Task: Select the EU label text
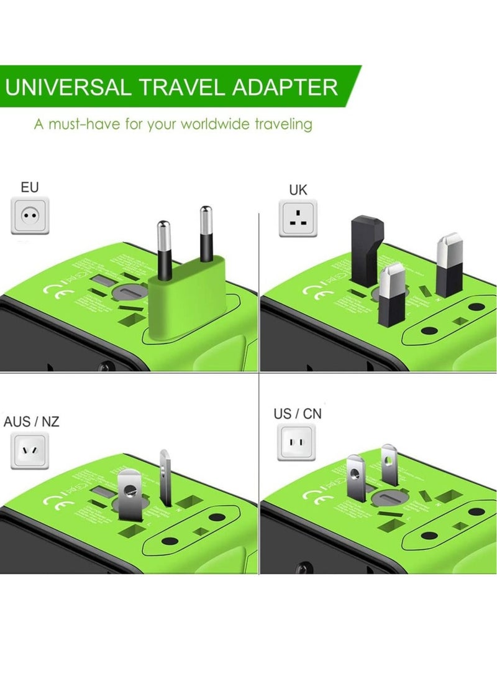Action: (30, 187)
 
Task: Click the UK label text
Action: (298, 190)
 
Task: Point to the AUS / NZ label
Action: (32, 422)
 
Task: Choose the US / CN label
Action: (298, 414)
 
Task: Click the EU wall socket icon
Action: (30, 215)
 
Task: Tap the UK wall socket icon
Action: (298, 218)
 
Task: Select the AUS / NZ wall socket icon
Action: (30, 451)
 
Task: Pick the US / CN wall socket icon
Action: (298, 443)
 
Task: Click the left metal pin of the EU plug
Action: (164, 249)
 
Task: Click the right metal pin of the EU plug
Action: (206, 236)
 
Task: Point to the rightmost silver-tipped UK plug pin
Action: (449, 264)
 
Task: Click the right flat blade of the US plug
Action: (388, 464)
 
